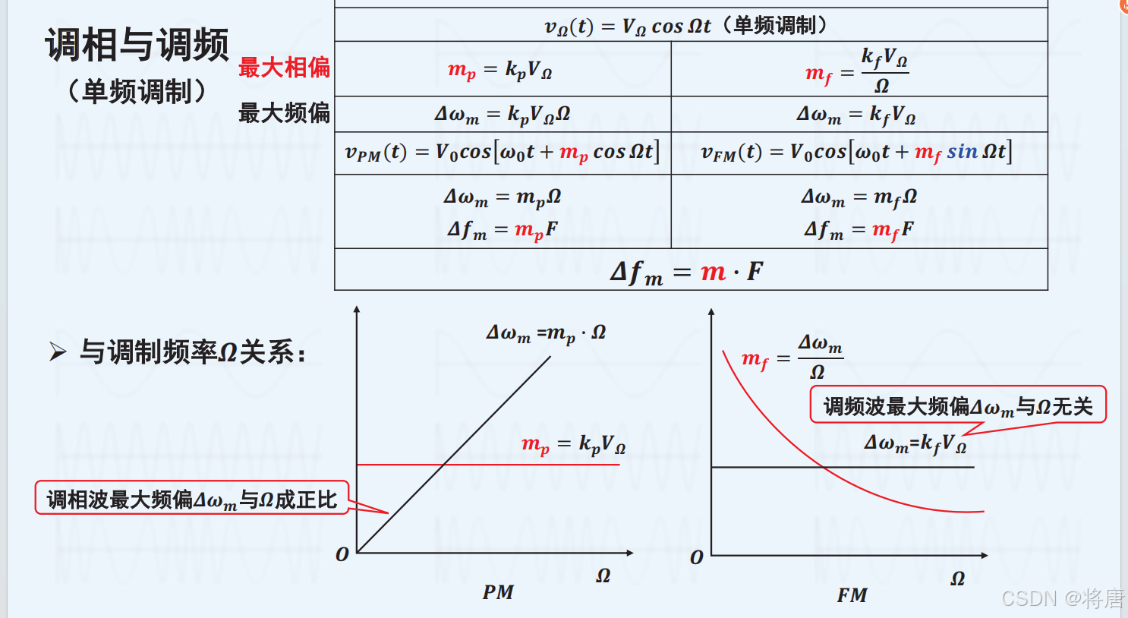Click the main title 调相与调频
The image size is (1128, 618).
pos(137,45)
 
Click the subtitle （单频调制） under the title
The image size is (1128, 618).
pos(137,92)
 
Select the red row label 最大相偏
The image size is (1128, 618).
pos(284,68)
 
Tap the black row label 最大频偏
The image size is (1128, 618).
pos(284,113)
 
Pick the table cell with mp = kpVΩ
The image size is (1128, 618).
pos(500,71)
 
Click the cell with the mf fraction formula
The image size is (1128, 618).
pos(857,71)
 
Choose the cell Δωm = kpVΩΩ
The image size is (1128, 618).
pos(502,115)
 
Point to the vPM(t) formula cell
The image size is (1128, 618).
pos(502,153)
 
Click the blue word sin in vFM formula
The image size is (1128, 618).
pos(962,152)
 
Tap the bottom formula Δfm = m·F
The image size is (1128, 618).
pos(686,271)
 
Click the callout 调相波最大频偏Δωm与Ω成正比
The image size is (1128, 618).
pos(191,499)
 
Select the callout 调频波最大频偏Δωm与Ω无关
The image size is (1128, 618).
pos(957,406)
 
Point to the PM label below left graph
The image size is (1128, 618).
pos(498,592)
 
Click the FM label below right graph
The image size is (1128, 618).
pos(852,595)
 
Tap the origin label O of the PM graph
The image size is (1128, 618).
pos(342,555)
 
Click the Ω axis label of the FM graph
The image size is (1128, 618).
pos(958,579)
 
